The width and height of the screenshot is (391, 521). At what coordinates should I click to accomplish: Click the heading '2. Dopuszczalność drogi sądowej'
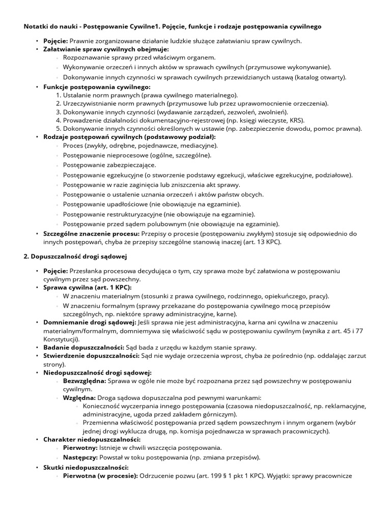(75, 256)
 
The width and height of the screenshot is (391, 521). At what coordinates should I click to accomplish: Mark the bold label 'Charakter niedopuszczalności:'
(92, 439)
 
